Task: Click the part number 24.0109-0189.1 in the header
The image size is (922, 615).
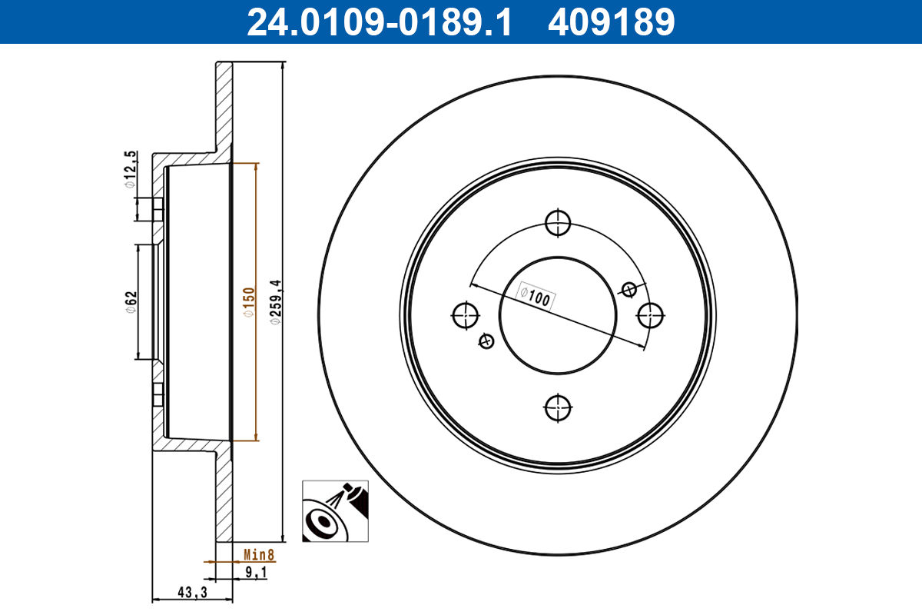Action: point(379,22)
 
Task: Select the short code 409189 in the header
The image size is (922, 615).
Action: point(611,22)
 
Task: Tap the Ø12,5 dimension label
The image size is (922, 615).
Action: point(131,170)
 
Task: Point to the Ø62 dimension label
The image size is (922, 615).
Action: point(131,301)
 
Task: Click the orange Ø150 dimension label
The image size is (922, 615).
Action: point(248,302)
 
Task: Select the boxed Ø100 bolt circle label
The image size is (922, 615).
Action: point(535,297)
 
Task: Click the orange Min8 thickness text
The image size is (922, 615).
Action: point(259,554)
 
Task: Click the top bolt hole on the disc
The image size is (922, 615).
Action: point(558,223)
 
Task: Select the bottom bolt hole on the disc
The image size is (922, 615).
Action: point(558,407)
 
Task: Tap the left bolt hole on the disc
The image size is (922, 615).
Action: point(466,314)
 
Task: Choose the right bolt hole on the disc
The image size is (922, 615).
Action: point(651,314)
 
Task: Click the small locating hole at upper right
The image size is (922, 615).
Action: point(629,289)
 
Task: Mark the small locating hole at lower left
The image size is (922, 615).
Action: point(486,341)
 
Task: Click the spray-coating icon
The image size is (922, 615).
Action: point(335,512)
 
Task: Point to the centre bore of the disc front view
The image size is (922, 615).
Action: point(558,314)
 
